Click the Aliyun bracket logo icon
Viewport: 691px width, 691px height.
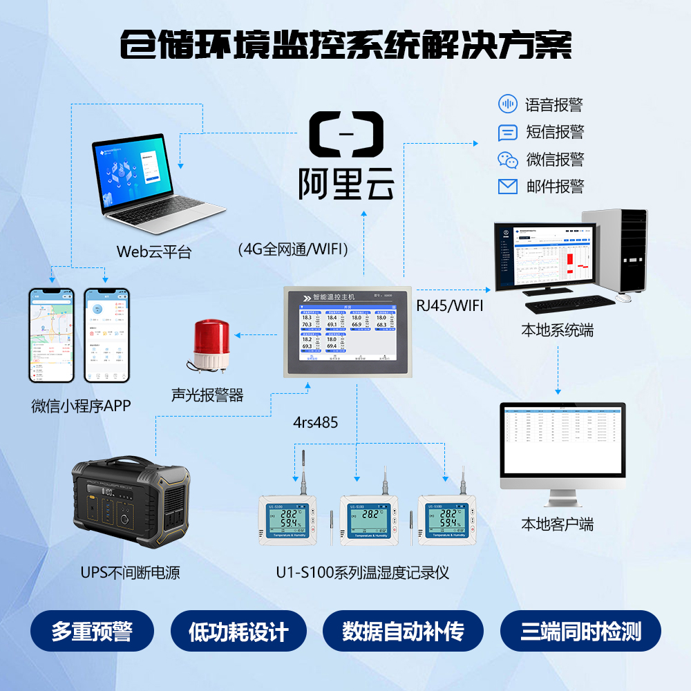click(345, 132)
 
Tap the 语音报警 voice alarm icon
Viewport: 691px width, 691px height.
click(508, 104)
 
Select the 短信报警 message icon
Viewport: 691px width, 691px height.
click(508, 133)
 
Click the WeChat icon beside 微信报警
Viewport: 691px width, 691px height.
click(508, 160)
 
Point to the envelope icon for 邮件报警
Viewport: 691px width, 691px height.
click(508, 187)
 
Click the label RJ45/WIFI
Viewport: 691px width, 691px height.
click(450, 305)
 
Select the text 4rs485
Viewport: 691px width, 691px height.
click(316, 422)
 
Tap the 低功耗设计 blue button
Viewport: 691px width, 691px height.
click(238, 632)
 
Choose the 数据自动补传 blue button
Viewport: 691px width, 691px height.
click(403, 632)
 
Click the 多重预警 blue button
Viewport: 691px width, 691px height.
click(92, 632)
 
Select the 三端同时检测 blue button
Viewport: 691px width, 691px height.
click(580, 632)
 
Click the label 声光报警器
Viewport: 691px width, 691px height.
click(207, 395)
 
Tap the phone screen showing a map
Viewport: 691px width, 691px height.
click(51, 335)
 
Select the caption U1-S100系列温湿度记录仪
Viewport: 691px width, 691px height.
click(362, 573)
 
